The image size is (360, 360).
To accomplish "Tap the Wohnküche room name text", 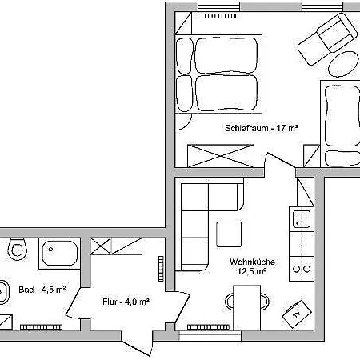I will [x=247, y=261].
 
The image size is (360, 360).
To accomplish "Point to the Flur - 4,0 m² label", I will [x=126, y=302].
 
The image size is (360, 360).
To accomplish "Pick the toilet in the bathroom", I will [x=15, y=250].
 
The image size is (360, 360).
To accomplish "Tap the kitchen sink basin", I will [x=302, y=218].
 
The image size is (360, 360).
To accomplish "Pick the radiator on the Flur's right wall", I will [x=162, y=270].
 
